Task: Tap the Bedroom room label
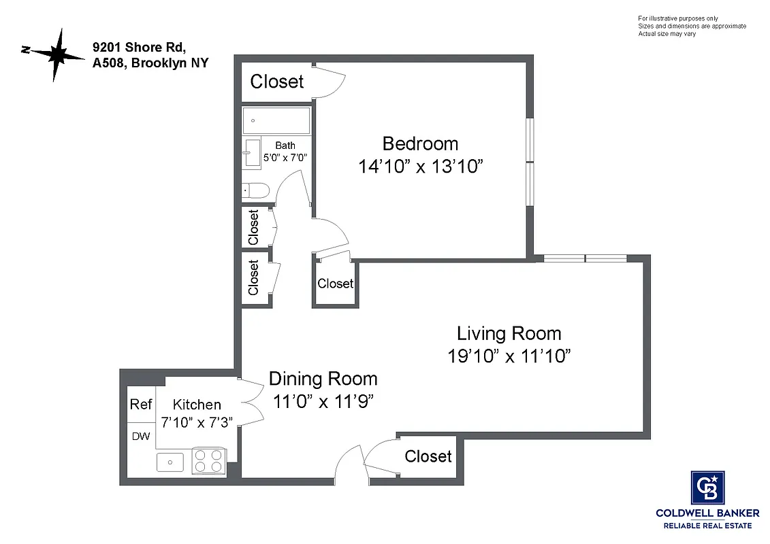click(x=420, y=144)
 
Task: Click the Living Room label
click(x=509, y=333)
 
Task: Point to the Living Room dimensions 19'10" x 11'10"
click(x=509, y=356)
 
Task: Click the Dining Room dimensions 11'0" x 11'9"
click(x=323, y=401)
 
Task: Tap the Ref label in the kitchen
click(x=141, y=405)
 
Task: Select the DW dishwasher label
click(x=141, y=437)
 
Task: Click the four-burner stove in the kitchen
click(x=209, y=460)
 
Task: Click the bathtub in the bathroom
click(x=276, y=120)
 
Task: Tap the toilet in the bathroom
click(x=255, y=191)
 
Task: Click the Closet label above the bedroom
click(x=276, y=82)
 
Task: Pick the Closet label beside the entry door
click(x=428, y=456)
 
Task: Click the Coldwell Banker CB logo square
click(x=707, y=487)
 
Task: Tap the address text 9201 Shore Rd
click(x=139, y=48)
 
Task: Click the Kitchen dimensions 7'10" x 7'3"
click(x=197, y=422)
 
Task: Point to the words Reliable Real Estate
click(x=708, y=526)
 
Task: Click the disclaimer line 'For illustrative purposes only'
click(x=677, y=18)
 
